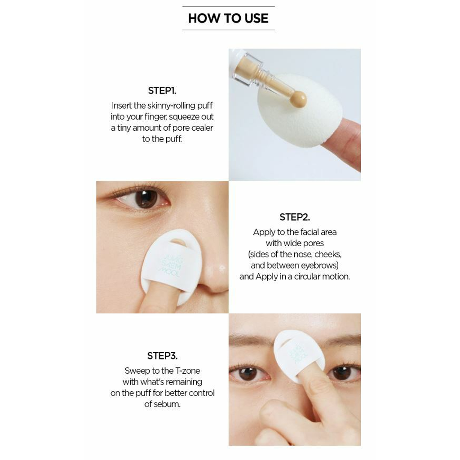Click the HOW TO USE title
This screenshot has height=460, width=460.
(228, 18)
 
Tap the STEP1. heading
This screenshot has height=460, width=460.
(162, 91)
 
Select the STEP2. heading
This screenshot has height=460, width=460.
(294, 217)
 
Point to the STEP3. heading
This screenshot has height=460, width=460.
(162, 356)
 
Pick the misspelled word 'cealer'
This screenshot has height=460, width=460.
(202, 128)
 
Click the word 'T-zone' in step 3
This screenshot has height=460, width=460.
(188, 371)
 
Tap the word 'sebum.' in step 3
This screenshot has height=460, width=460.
(168, 404)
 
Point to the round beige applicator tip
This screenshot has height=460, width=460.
(298, 99)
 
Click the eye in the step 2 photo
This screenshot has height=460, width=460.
(145, 199)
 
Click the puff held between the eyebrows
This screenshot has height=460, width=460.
(299, 355)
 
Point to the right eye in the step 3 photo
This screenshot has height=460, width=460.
(343, 372)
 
